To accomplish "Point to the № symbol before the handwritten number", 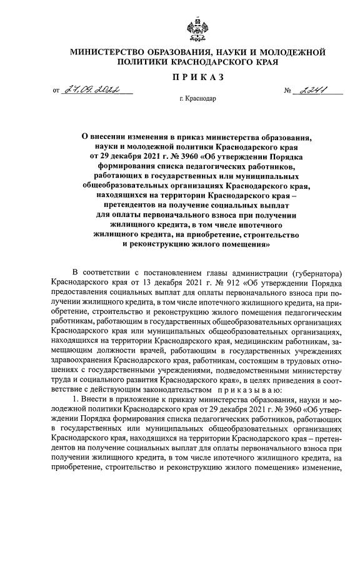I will (288, 92).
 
